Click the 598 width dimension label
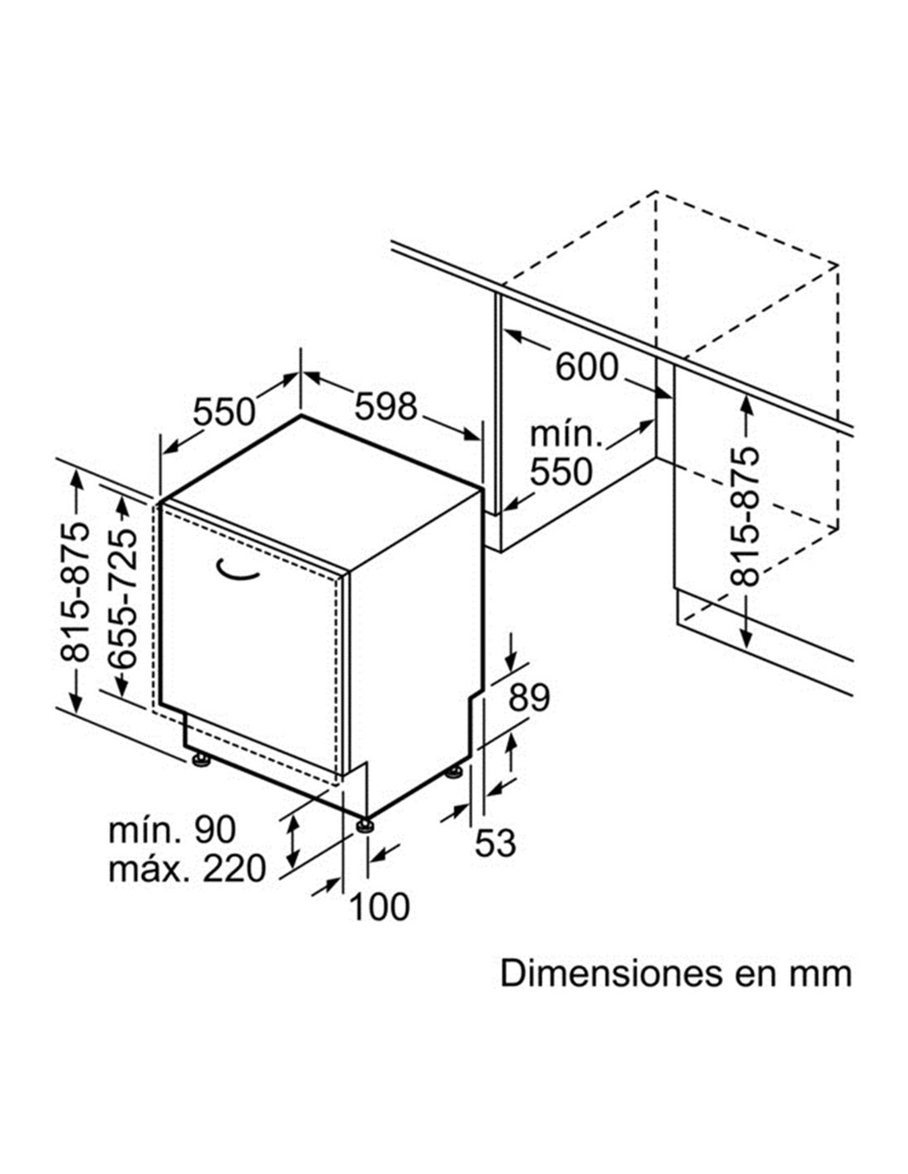[385, 406]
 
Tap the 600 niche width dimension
[586, 367]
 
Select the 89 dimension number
[529, 697]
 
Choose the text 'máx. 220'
[187, 869]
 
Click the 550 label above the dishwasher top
[224, 412]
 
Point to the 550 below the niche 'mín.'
[560, 471]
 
